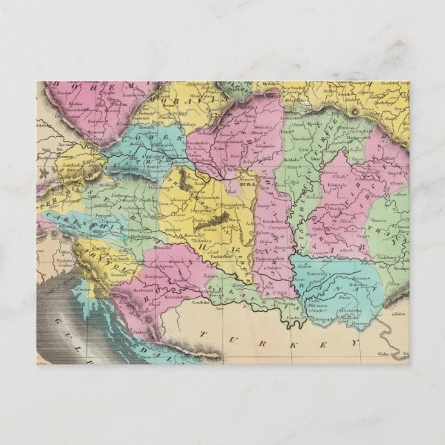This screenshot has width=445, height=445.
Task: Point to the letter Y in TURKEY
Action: click(x=355, y=341)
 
